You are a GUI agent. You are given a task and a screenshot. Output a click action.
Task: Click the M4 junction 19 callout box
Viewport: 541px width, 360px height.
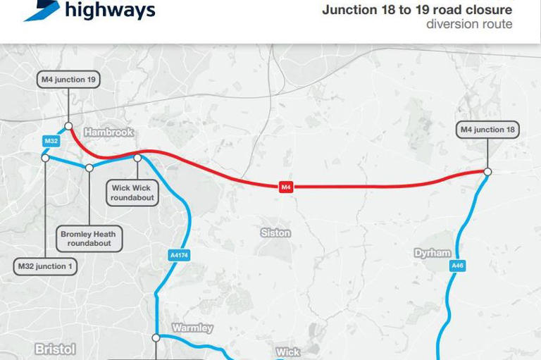[68, 80]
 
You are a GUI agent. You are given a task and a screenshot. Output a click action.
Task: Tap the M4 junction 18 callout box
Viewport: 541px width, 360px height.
[488, 130]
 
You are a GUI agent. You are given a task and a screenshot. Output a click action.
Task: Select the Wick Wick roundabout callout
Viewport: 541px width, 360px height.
[132, 193]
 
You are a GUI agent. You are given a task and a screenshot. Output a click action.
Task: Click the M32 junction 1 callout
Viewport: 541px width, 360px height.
[45, 266]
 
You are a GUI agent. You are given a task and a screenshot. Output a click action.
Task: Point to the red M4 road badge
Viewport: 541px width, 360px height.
[286, 187]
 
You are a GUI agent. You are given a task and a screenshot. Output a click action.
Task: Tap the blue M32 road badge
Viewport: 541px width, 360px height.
[51, 142]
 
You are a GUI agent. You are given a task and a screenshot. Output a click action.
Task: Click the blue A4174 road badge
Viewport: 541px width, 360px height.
[179, 256]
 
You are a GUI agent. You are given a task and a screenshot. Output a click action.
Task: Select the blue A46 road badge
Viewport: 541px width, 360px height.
[458, 266]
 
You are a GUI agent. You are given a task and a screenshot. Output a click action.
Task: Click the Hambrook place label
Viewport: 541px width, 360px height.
[108, 132]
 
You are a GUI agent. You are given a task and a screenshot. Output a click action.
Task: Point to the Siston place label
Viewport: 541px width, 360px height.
[275, 232]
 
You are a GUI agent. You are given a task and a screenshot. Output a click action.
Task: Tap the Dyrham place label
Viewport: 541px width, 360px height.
[433, 253]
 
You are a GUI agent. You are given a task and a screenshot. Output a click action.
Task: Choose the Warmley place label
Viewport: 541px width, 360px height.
[192, 328]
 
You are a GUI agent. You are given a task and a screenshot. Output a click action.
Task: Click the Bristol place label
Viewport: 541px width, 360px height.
[55, 349]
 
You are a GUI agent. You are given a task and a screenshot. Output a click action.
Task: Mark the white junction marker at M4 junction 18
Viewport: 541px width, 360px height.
[487, 171]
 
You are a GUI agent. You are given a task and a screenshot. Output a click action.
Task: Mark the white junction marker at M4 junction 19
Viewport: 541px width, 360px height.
[68, 127]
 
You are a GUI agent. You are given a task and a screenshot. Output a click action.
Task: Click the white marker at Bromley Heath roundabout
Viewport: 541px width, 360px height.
[89, 168]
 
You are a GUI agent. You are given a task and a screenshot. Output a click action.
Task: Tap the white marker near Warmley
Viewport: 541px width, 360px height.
[156, 337]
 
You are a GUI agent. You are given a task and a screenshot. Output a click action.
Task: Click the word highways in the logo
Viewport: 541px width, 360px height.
[110, 11]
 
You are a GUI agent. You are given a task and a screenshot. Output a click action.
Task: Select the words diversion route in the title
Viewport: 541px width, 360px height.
[469, 25]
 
